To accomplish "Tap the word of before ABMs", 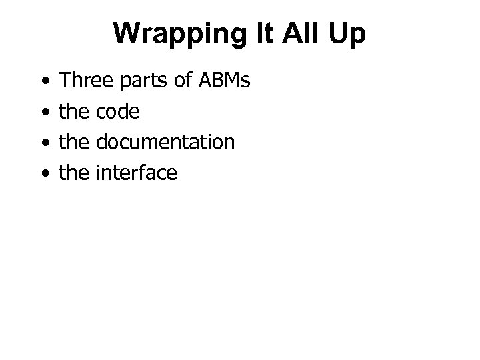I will tap(178, 81).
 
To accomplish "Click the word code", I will tap(118, 112).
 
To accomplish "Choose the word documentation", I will tap(165, 143).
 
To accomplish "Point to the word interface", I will tap(137, 173).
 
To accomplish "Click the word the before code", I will tap(75, 112).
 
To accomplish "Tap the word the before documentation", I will tap(75, 143).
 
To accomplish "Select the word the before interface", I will tap(75, 173).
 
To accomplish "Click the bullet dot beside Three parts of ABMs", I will tap(44, 83).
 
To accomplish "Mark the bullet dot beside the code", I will tap(44, 113).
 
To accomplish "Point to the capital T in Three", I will tap(65, 81).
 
